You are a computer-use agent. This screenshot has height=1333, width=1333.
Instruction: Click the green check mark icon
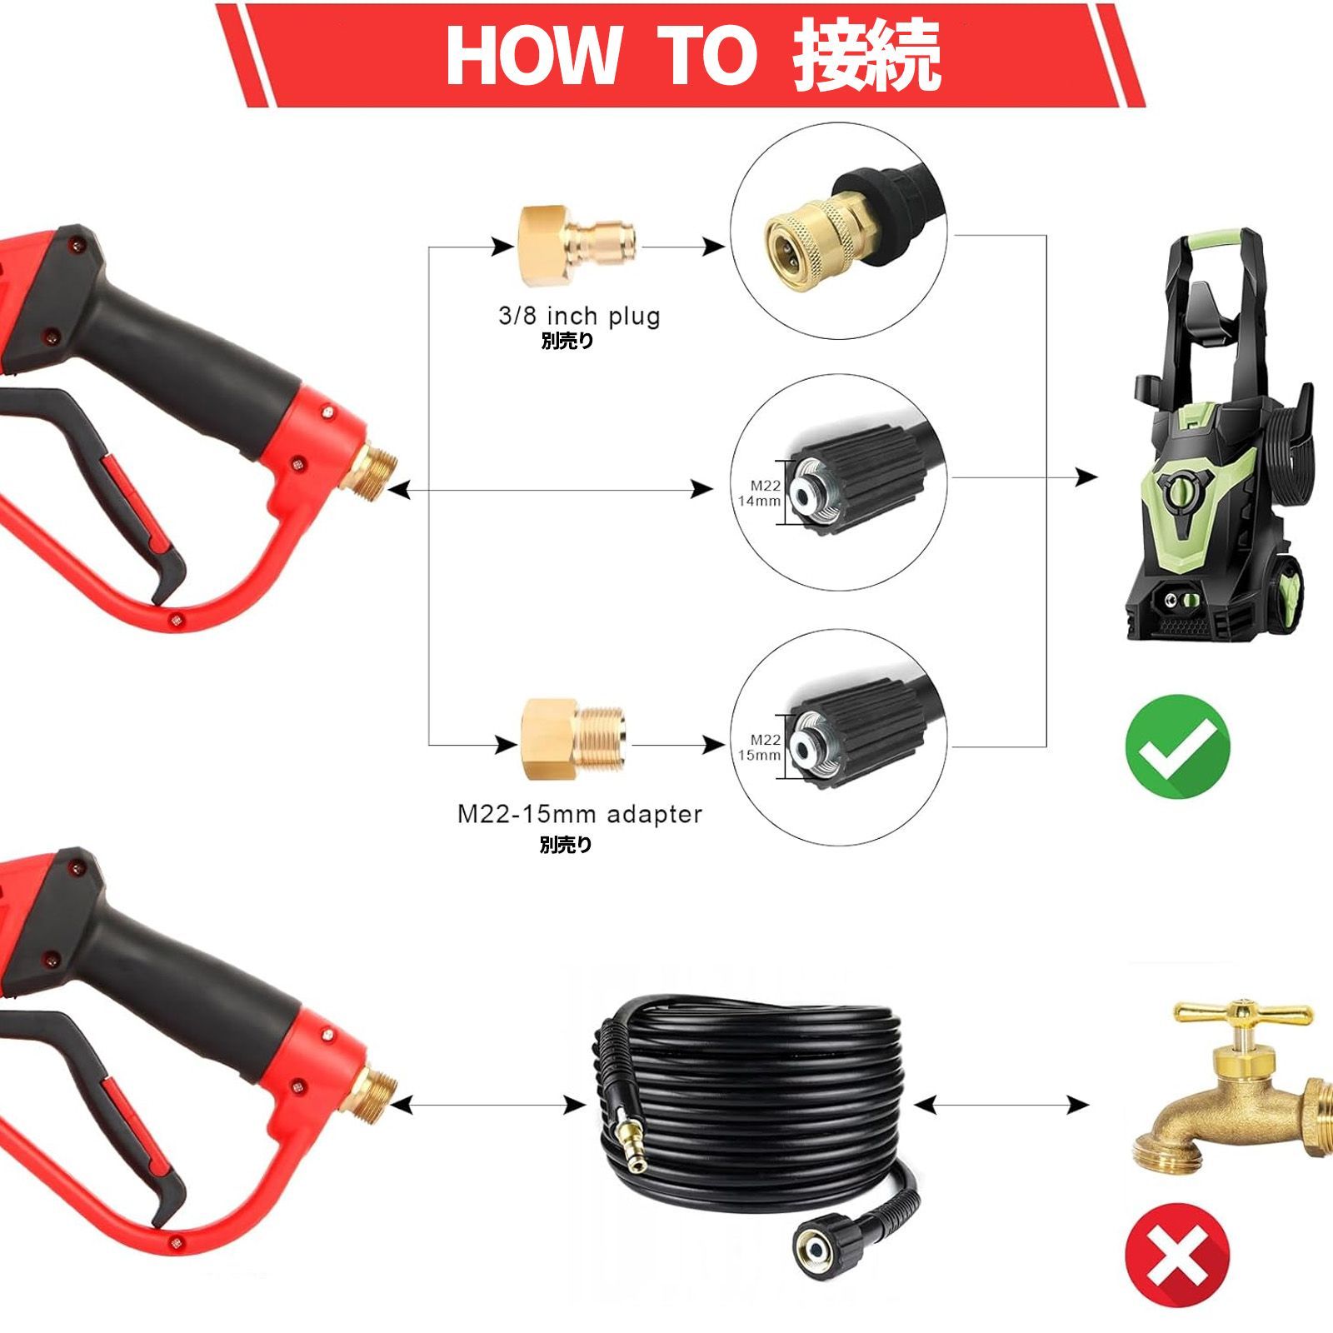coord(1177,747)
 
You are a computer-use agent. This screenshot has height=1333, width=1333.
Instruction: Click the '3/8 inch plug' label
coord(579,317)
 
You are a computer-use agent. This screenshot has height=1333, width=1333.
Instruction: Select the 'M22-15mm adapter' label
coord(579,814)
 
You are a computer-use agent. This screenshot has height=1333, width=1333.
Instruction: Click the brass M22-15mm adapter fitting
coord(575,741)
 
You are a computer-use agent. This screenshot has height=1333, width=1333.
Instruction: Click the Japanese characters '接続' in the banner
coord(866,55)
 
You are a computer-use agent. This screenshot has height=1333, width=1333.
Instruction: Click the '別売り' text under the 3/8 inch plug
coord(567,340)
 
